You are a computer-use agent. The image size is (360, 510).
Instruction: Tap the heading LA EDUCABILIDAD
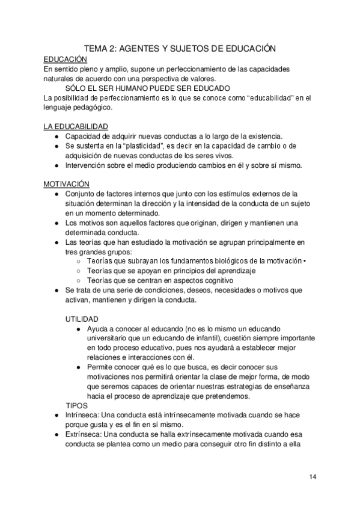(76, 127)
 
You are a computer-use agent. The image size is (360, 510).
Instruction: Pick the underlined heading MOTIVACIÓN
(67, 183)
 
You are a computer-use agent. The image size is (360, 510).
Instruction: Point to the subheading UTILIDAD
(82, 319)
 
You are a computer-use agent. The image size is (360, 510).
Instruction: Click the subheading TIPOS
(77, 405)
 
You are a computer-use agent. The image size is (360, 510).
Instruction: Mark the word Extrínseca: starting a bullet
(83, 435)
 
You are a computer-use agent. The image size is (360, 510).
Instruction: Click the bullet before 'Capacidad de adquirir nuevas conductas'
(56, 137)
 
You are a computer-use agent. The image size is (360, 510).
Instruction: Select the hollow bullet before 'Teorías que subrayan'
(79, 262)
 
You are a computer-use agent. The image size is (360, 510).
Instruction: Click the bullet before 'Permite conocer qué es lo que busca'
(79, 367)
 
